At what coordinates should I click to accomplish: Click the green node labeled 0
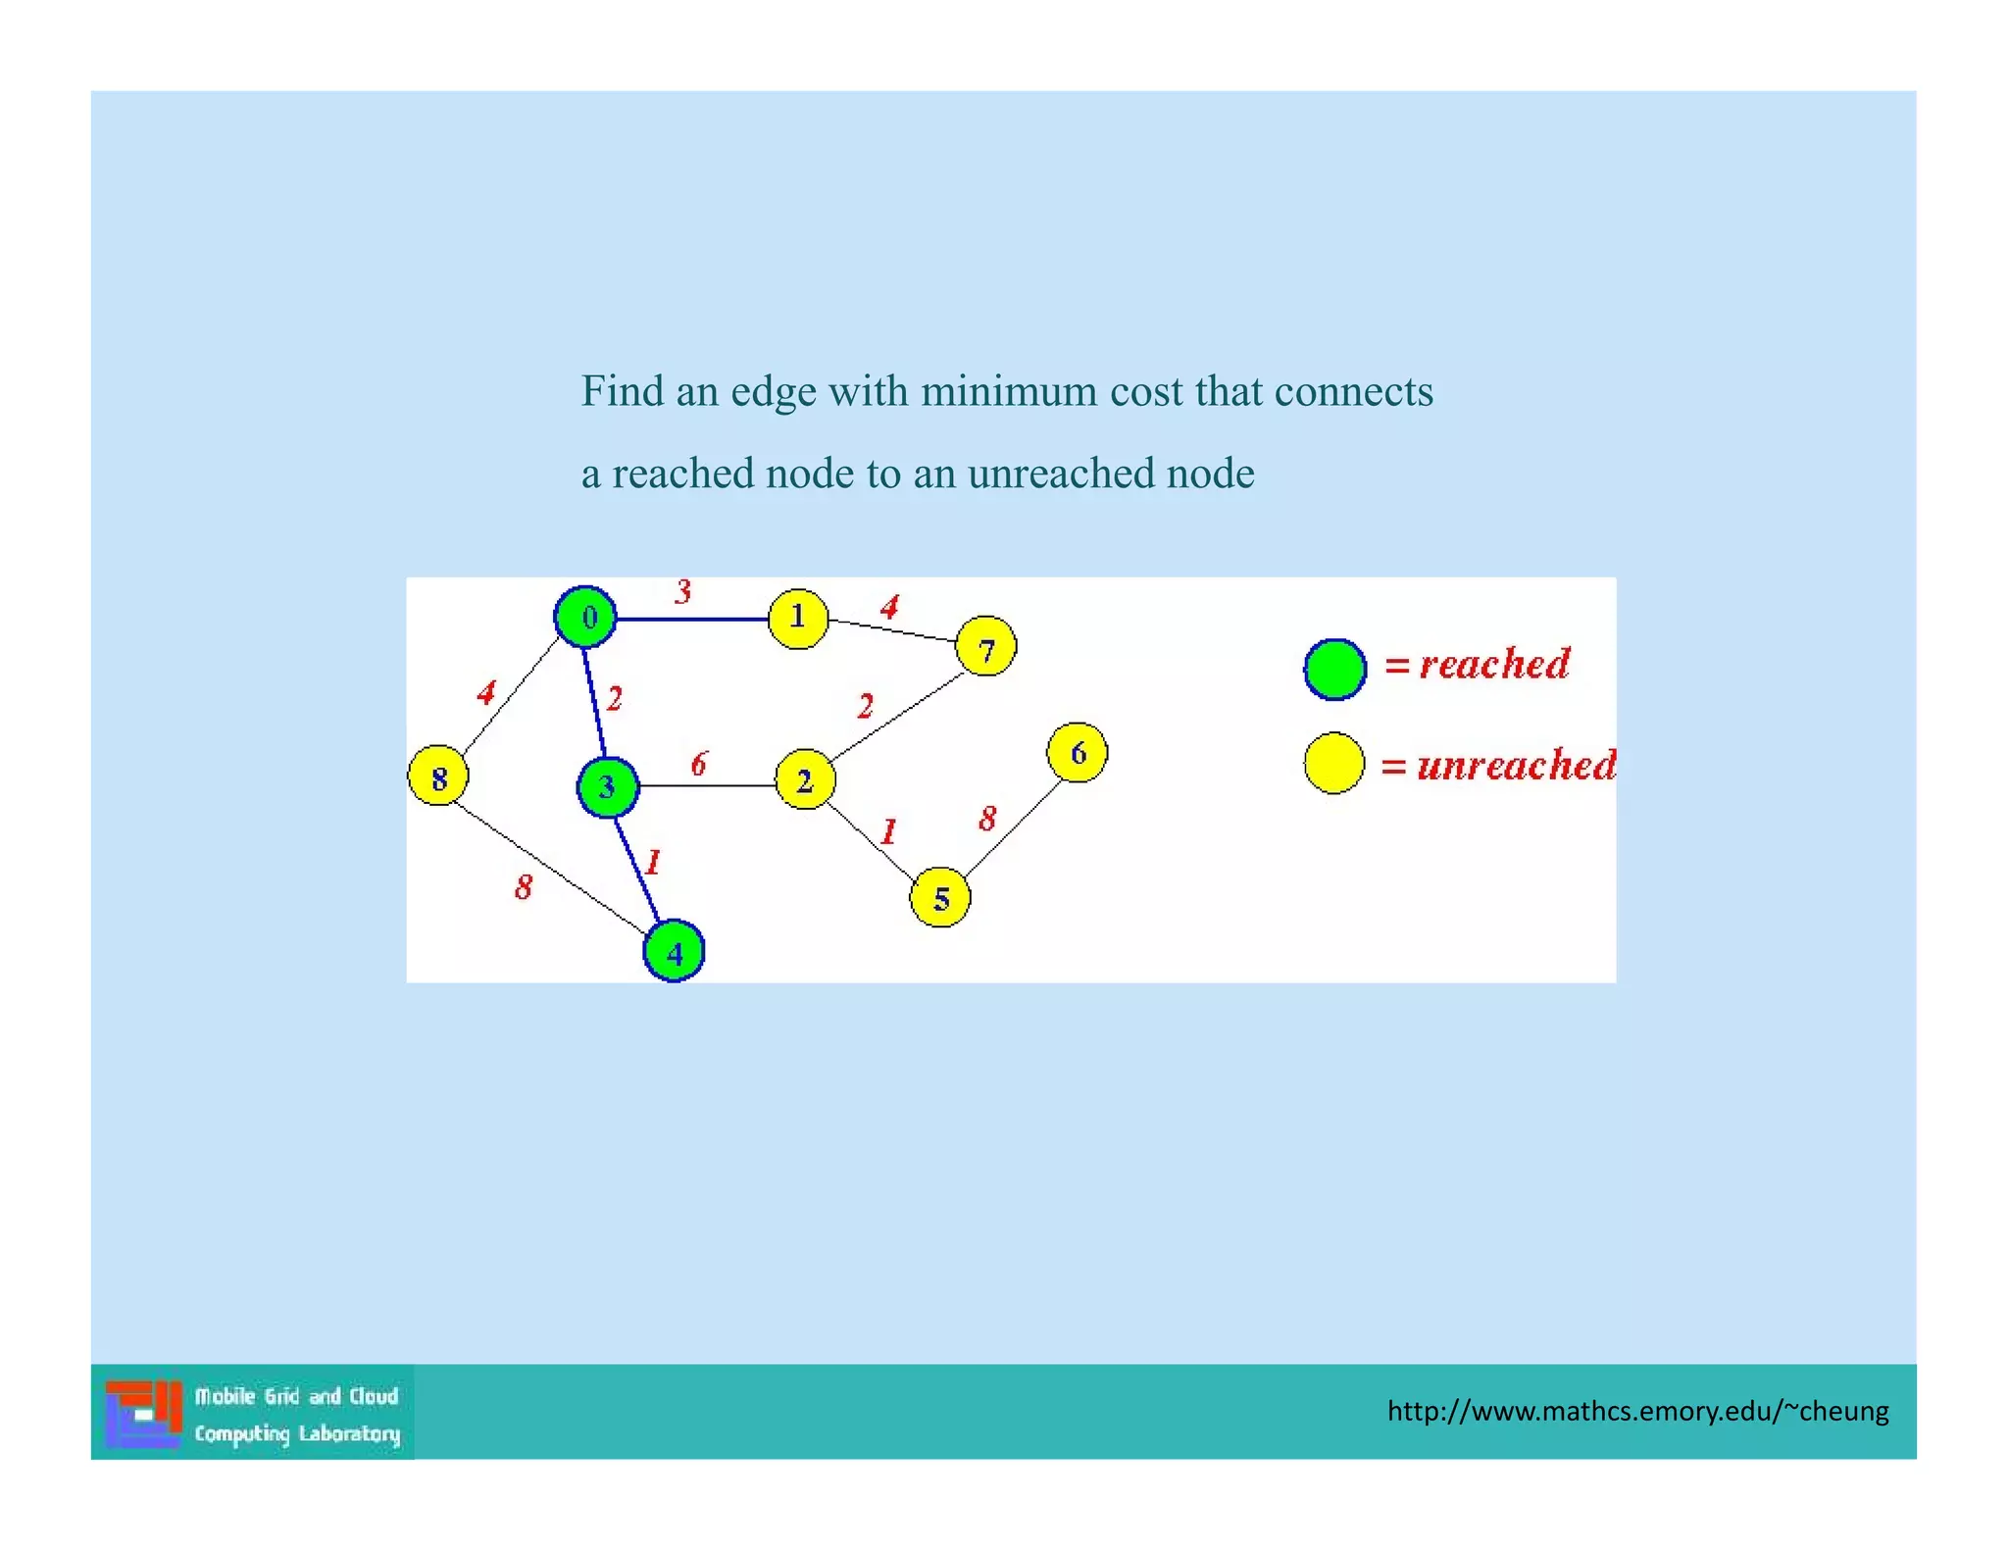tap(585, 618)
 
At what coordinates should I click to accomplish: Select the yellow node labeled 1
tap(798, 619)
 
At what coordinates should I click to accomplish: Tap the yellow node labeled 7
tap(985, 647)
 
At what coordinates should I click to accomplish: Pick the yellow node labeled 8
tap(438, 775)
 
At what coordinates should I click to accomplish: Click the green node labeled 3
tap(608, 786)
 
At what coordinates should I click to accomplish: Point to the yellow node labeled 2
tap(805, 780)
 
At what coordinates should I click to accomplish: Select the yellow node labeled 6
tap(1078, 753)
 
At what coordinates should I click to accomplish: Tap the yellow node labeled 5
tap(940, 897)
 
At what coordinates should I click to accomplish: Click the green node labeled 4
tap(674, 951)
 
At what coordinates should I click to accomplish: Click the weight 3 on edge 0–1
tap(683, 591)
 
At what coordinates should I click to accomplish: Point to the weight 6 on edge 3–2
tap(699, 764)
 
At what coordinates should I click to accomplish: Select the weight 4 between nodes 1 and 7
tap(889, 607)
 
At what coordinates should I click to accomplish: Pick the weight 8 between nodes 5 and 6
tap(987, 818)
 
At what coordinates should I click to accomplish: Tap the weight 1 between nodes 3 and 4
tap(653, 862)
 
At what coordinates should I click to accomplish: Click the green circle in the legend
tap(1334, 670)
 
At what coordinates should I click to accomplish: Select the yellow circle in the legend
tap(1334, 763)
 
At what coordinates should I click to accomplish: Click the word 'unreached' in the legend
tap(1516, 765)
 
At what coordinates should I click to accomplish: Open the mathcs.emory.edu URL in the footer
tap(1637, 1411)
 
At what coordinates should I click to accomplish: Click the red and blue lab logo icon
tap(144, 1413)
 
